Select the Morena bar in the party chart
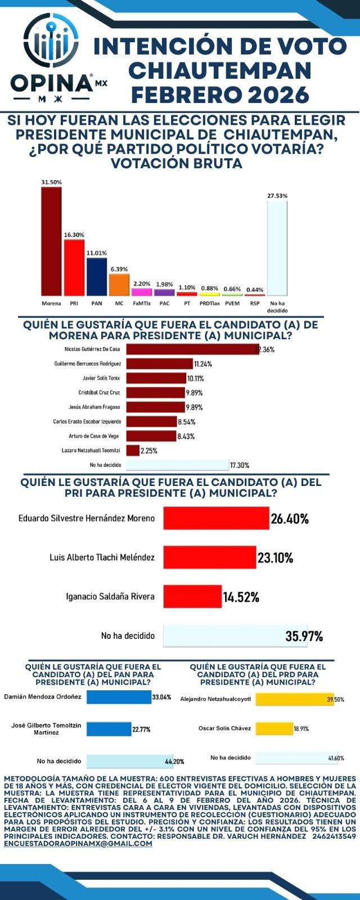tap(51, 241)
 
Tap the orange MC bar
tap(119, 285)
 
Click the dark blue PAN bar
tap(97, 277)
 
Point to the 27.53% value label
tap(277, 196)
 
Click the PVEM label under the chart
tap(232, 303)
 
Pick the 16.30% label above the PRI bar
tap(74, 235)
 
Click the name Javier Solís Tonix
tap(102, 378)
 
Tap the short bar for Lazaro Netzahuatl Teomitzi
tap(133, 451)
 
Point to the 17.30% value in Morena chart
tap(239, 465)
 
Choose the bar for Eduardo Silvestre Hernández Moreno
tap(216, 518)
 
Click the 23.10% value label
tap(276, 558)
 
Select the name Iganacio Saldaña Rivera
tap(110, 596)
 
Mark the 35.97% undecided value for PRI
tap(304, 637)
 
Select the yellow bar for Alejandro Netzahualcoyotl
tap(294, 699)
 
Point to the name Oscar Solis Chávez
tap(224, 728)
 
